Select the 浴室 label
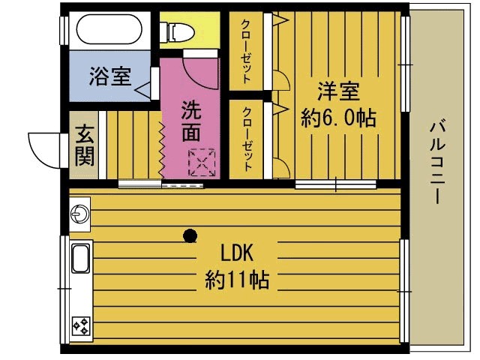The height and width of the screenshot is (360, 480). click(109, 76)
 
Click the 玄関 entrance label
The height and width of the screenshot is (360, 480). click(84, 145)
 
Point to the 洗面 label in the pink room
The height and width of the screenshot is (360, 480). click(190, 121)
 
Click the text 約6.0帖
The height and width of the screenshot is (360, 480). click(337, 118)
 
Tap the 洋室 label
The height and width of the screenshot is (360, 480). click(338, 91)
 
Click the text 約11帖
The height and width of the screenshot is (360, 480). click(237, 280)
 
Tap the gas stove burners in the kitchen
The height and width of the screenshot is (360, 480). click(80, 325)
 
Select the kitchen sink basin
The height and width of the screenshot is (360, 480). click(80, 259)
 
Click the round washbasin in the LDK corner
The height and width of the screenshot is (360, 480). click(79, 215)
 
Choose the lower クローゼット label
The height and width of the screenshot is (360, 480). click(246, 139)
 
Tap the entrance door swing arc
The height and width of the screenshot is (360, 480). click(43, 148)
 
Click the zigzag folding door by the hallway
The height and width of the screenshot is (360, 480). click(161, 146)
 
